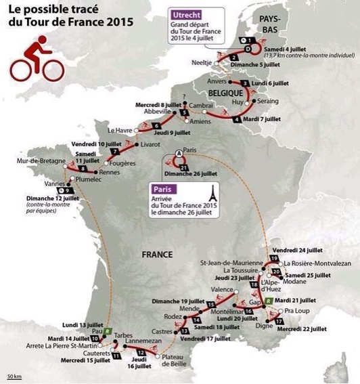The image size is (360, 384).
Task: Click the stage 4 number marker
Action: (x=235, y=120)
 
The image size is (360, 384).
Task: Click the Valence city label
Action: (x=221, y=289)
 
